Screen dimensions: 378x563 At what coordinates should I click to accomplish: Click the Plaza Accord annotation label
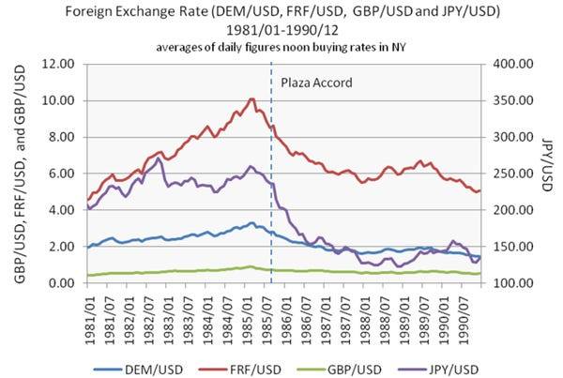tap(316, 83)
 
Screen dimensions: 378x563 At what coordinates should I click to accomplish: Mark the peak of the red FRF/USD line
tap(251, 98)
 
